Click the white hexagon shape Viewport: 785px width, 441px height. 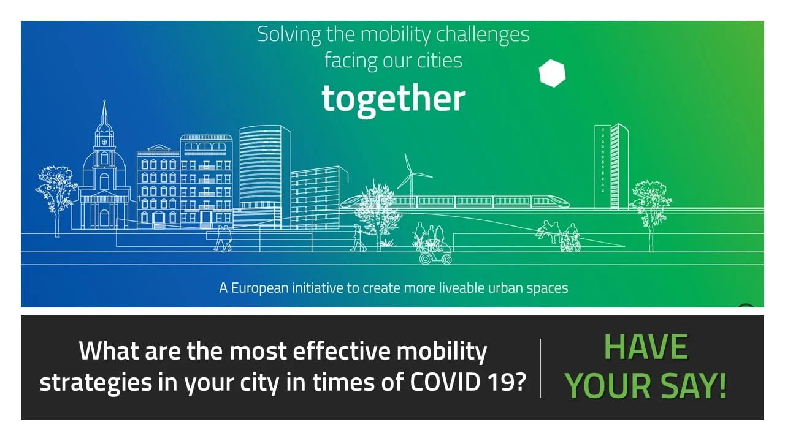click(x=552, y=73)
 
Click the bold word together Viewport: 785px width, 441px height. click(x=394, y=99)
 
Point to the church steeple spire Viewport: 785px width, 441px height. click(x=104, y=112)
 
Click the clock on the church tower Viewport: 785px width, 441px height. click(x=104, y=142)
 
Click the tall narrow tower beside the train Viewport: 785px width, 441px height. click(x=611, y=167)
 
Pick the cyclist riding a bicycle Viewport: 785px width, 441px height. click(x=570, y=238)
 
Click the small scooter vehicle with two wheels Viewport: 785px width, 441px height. click(x=435, y=254)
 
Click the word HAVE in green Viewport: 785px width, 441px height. click(x=646, y=347)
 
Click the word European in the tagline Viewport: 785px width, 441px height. click(x=259, y=288)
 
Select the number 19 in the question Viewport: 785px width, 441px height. click(x=496, y=382)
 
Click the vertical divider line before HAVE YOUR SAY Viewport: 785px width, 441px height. click(x=540, y=368)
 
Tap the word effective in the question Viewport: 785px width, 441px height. click(x=341, y=351)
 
